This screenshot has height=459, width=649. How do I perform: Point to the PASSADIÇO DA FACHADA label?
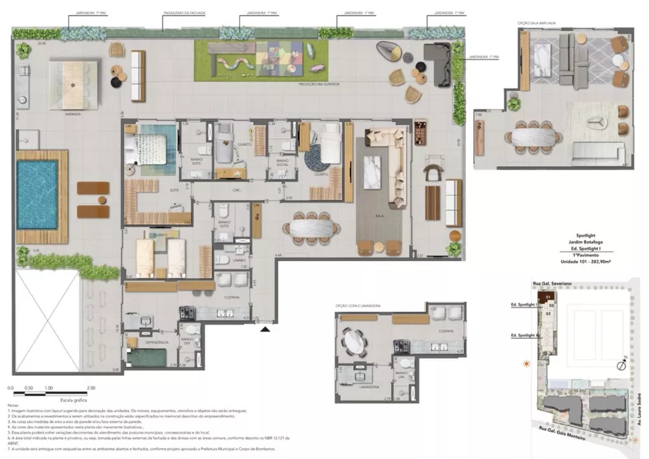(180, 12)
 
